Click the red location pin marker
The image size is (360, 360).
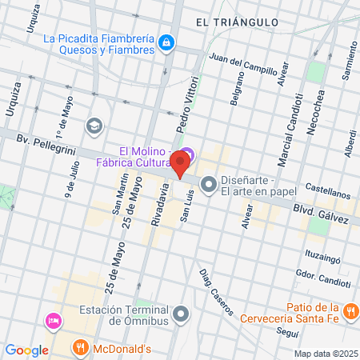tap(180, 165)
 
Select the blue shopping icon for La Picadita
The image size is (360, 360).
tap(166, 42)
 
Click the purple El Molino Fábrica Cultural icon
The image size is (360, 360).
tap(186, 152)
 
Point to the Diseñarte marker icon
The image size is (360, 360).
tap(209, 186)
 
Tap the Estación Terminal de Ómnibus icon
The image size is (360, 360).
tap(181, 312)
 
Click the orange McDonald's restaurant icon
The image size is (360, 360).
tap(80, 348)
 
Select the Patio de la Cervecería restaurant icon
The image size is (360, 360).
tap(349, 310)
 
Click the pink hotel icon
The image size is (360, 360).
tap(54, 321)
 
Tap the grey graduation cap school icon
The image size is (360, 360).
tap(94, 126)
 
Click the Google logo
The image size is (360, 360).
tap(26, 350)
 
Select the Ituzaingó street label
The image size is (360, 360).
tap(323, 258)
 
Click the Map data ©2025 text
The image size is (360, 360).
tap(326, 354)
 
